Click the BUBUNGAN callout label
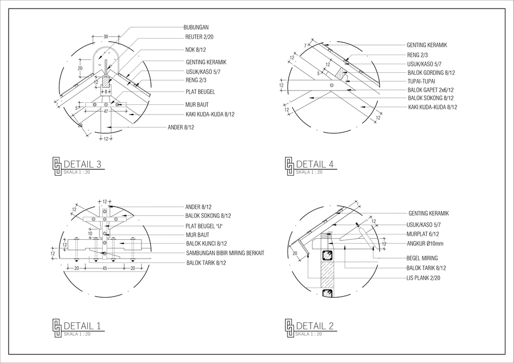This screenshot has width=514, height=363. pos(196,27)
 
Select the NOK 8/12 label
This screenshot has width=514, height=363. pos(195,49)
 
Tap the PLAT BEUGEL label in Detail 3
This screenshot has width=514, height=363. pos(200,92)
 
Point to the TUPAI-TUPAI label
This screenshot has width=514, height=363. pos(421,81)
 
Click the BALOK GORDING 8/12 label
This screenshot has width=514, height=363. pos(431,73)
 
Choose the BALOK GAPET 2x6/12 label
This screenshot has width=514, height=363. pos(430,90)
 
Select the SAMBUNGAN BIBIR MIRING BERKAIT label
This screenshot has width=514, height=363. pos(225,253)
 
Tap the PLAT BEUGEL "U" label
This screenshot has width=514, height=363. pos(203,225)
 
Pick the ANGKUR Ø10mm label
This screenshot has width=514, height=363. pos(425,244)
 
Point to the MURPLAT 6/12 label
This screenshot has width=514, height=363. pos(422,234)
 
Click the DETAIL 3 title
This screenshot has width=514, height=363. pos(82,164)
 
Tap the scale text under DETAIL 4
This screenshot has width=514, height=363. pos(309,172)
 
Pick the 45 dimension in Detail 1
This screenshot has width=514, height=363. pos(104,268)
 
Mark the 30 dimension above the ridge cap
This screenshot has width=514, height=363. pos(105,36)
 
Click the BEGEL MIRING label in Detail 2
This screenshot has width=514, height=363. pos(422,258)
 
